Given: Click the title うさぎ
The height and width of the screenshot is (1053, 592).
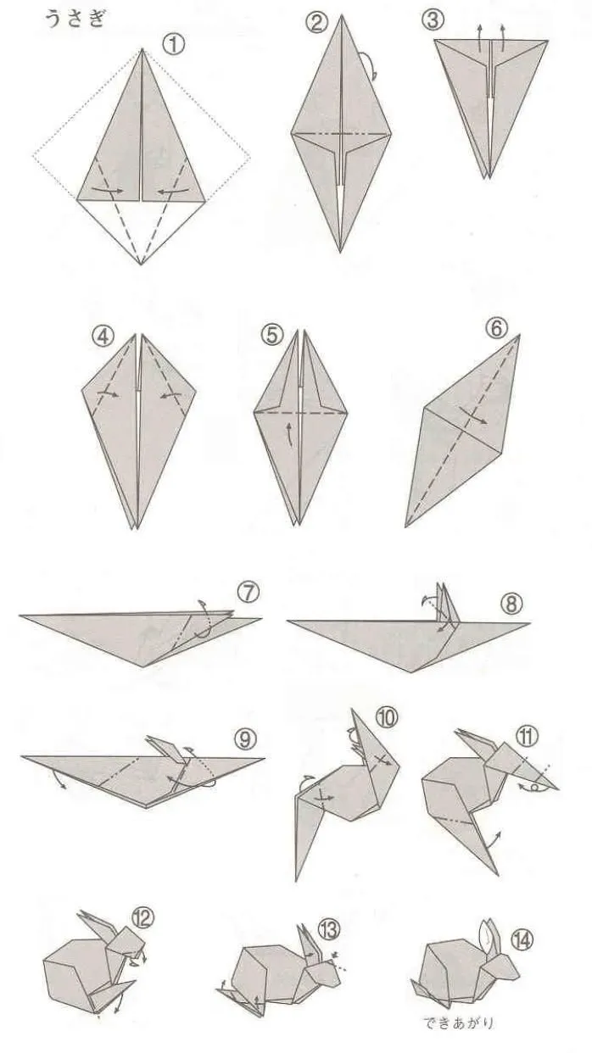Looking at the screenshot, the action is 75,19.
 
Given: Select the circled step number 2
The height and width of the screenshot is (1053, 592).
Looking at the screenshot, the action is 316,23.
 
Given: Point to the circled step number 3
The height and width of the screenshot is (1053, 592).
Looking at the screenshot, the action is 433,20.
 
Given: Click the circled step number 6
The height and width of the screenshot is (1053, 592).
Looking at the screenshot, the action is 496,329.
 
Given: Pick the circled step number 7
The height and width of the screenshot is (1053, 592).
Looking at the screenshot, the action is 249,593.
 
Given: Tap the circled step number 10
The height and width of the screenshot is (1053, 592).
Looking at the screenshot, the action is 387,717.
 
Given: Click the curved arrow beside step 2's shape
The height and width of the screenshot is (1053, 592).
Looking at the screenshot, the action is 371,65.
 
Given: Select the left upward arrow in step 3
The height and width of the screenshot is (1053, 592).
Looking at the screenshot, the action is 479,38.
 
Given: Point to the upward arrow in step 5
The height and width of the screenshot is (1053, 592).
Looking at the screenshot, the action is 291,434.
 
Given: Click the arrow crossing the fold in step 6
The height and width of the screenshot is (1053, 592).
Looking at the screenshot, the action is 473,415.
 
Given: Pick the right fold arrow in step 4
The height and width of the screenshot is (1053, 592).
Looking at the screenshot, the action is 171,395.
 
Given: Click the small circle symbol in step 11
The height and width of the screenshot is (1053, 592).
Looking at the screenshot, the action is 534,788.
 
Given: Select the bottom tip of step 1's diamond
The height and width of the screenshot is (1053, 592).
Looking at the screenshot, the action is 142,265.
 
